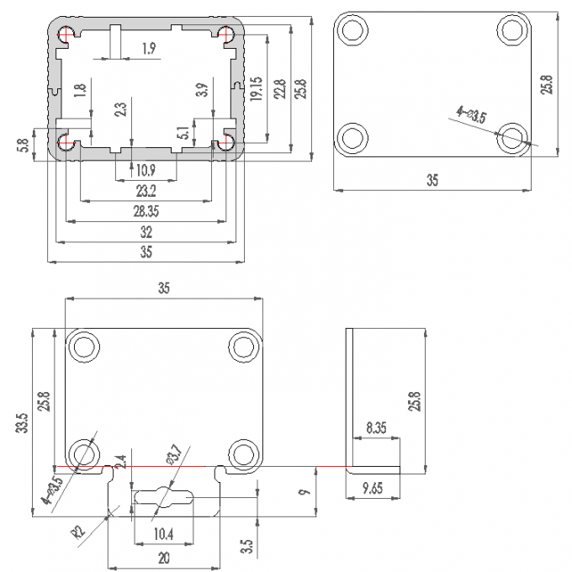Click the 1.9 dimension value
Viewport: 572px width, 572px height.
[148, 49]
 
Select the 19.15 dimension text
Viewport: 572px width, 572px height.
[256, 89]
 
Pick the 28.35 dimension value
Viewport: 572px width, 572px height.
[146, 211]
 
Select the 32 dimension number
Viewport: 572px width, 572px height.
[146, 232]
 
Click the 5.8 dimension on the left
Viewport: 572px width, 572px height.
[23, 145]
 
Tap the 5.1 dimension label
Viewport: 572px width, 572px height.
[183, 133]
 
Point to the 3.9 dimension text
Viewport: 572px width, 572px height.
[201, 91]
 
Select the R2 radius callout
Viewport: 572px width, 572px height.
[78, 530]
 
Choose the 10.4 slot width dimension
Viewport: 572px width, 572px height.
[164, 532]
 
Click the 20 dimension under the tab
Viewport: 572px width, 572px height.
[164, 556]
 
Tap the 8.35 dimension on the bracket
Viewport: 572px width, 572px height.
[378, 428]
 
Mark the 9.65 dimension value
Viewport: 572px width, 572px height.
[372, 487]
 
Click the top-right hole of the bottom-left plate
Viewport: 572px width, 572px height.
[244, 346]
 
